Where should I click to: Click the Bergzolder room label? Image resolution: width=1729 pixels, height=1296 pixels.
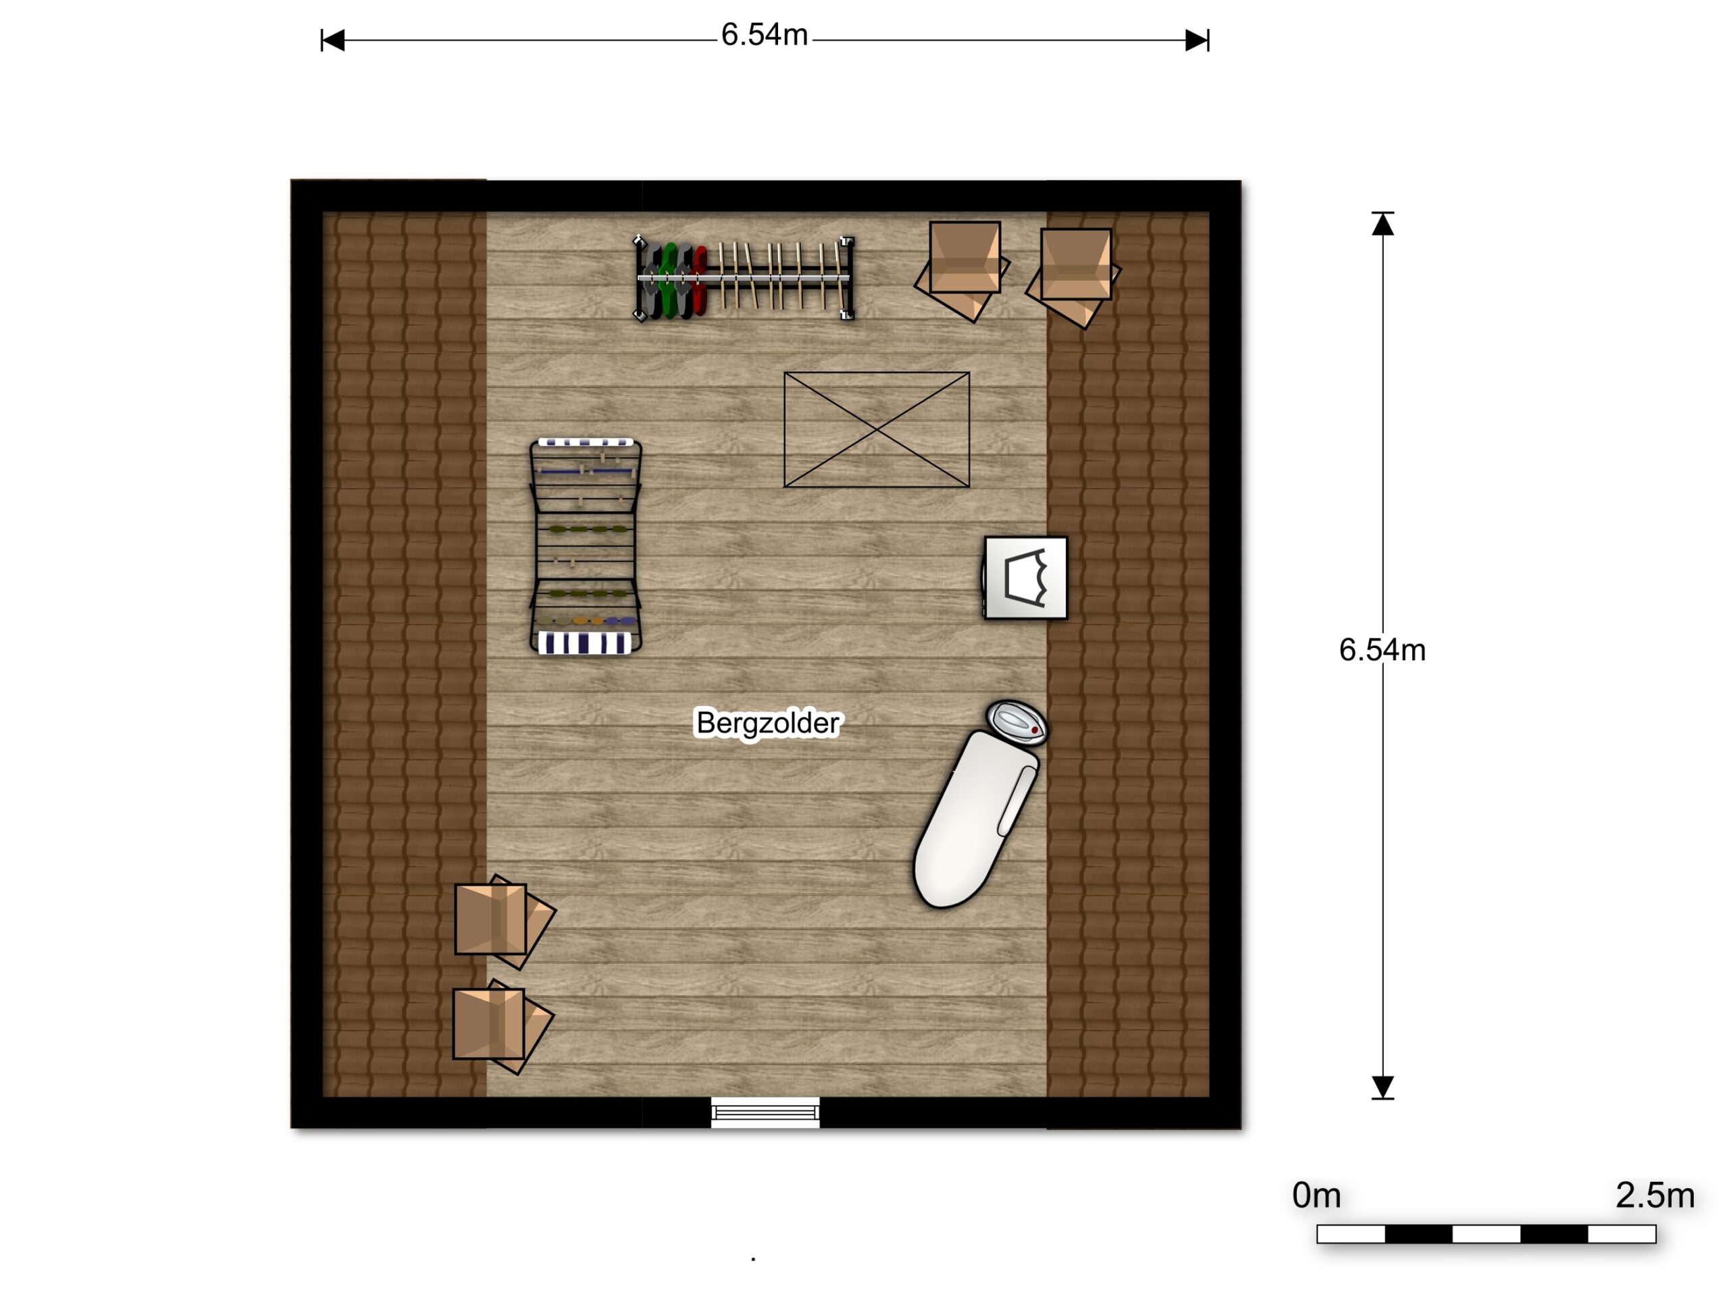click(x=767, y=724)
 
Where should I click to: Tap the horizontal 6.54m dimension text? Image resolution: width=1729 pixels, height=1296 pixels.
click(x=764, y=35)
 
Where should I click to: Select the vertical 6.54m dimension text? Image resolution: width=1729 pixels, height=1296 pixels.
click(x=1382, y=650)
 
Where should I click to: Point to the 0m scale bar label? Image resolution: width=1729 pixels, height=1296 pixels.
click(x=1316, y=1195)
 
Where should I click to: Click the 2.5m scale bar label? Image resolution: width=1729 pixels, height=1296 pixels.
click(x=1655, y=1195)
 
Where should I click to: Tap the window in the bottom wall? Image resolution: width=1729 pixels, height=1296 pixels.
click(x=765, y=1112)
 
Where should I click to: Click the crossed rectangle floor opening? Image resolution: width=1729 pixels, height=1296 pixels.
click(x=877, y=430)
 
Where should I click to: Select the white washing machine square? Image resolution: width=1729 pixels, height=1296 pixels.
click(x=1025, y=578)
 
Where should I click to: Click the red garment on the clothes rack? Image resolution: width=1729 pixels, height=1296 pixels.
click(x=700, y=279)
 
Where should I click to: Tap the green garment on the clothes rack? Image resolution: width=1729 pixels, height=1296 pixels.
click(x=669, y=280)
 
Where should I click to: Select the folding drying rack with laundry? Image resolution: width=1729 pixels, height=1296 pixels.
click(x=586, y=546)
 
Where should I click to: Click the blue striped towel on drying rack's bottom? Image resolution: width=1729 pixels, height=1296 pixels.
click(x=585, y=643)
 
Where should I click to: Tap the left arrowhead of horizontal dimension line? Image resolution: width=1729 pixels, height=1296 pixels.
click(x=333, y=40)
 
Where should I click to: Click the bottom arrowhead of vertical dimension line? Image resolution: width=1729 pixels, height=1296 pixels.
click(x=1383, y=1087)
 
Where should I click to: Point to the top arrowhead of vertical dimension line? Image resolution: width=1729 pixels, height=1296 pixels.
click(x=1383, y=224)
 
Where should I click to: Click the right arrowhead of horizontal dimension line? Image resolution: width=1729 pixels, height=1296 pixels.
click(x=1197, y=40)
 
